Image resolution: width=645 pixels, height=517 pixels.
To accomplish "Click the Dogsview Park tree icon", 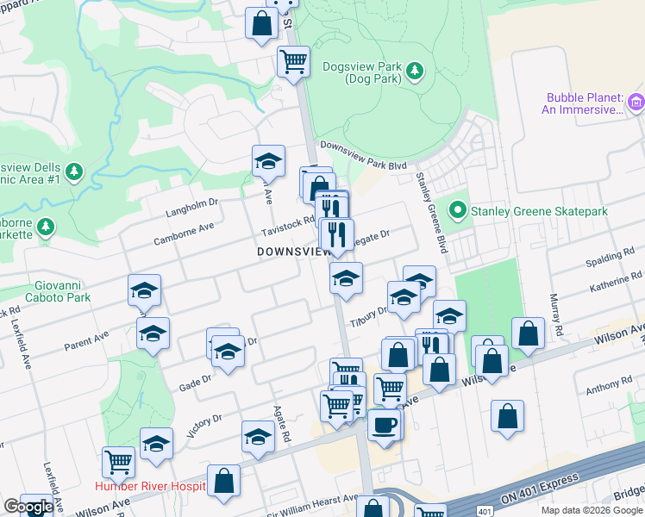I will point(415,69).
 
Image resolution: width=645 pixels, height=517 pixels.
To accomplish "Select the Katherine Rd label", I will point(617,281).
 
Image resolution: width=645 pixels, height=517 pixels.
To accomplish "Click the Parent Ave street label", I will point(89,340).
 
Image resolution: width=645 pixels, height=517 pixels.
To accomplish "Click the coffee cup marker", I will point(384,425).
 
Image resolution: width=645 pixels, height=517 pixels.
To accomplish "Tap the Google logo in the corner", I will point(28,507).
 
